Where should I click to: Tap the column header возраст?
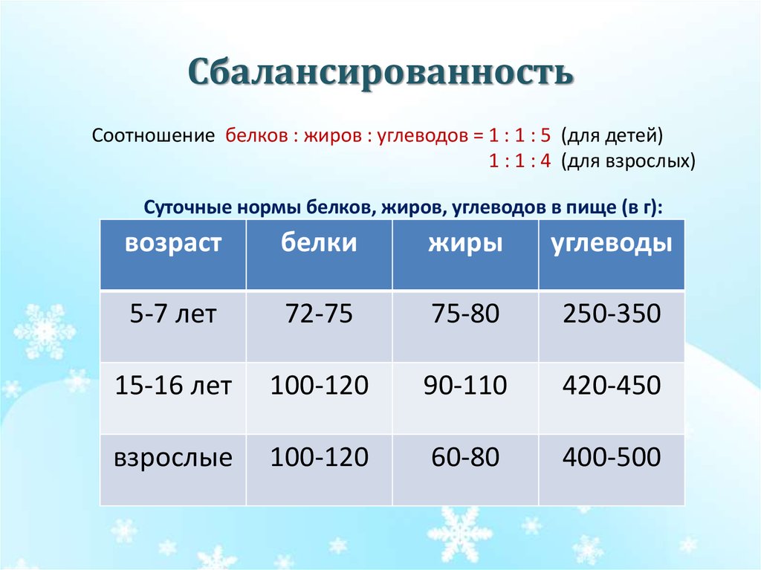point(173,243)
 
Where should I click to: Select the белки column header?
point(319,243)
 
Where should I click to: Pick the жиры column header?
point(465,243)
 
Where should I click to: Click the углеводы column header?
point(612,243)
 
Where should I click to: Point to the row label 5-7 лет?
point(173,314)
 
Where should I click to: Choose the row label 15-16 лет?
point(173,385)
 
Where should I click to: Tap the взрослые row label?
point(173,456)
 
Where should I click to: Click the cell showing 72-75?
point(319,314)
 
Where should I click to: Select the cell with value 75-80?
point(465,314)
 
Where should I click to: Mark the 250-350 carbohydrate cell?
point(612,314)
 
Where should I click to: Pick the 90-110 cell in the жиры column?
point(465,385)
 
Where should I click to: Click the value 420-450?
point(612,385)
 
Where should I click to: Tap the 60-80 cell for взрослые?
point(465,456)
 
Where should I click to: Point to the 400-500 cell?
point(612,456)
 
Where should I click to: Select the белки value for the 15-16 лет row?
point(319,385)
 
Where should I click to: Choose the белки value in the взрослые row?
point(319,456)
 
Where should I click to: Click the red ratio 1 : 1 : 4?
point(519,161)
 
